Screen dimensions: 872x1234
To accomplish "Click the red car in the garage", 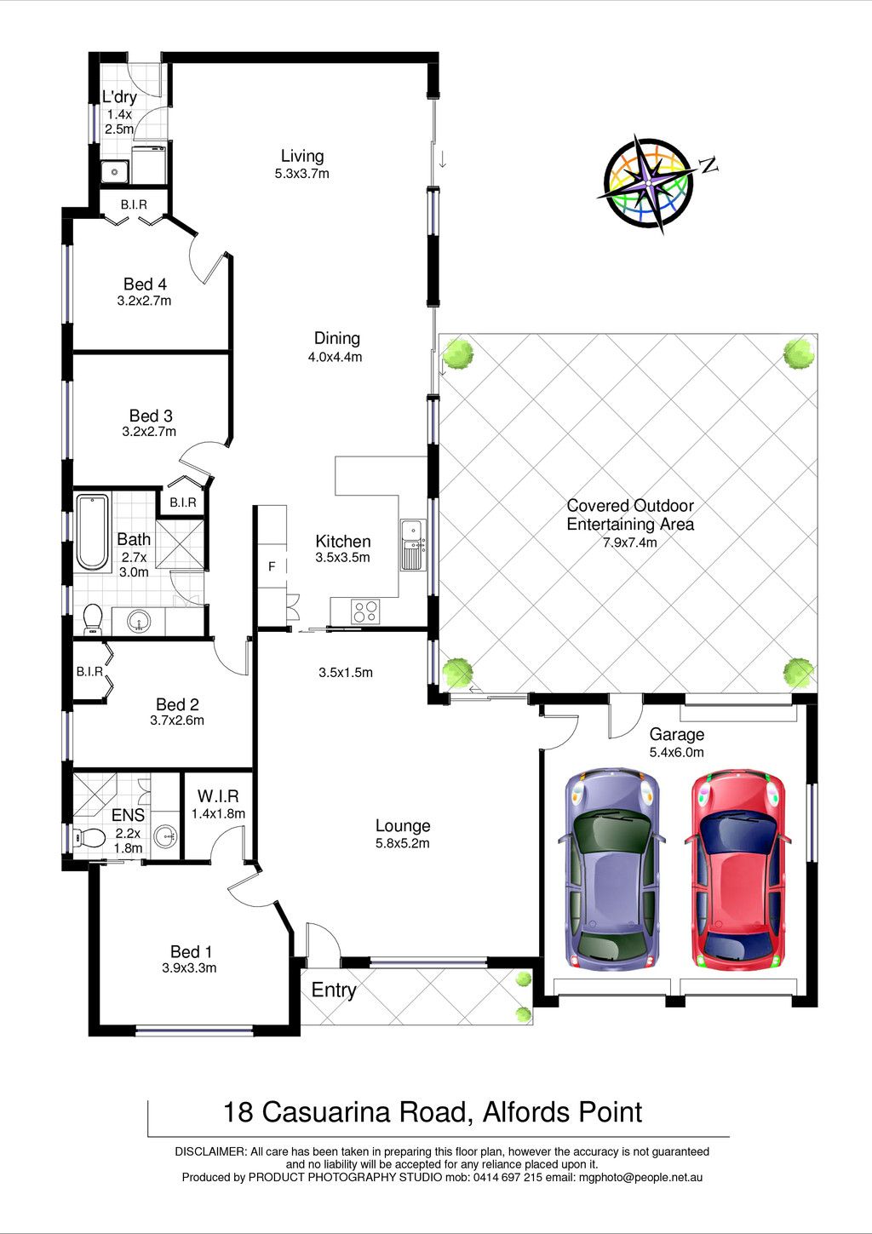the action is (x=737, y=871).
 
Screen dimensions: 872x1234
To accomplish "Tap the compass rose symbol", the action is (x=649, y=182).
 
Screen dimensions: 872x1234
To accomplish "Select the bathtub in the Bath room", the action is (x=93, y=532).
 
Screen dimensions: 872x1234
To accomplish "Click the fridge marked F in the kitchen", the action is (x=272, y=566).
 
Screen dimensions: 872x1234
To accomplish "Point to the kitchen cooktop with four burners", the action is (x=365, y=611).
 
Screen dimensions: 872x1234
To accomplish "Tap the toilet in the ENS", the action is (x=89, y=838).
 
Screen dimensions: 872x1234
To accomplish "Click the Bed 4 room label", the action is (x=145, y=284).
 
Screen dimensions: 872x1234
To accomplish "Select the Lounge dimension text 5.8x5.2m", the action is (x=403, y=843).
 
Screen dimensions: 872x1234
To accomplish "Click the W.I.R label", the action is (x=218, y=796).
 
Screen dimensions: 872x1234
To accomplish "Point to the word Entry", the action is (x=334, y=990).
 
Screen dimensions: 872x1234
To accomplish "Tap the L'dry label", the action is (x=119, y=97).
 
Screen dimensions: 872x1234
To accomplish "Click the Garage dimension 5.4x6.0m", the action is (x=676, y=752).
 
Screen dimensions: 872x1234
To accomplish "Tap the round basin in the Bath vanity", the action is (x=138, y=622).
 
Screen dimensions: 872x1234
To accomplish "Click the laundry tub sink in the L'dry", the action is (x=115, y=172).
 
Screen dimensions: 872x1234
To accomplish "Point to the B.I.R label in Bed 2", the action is (x=89, y=672).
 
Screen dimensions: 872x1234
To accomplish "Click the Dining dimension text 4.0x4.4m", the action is (x=335, y=357).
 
